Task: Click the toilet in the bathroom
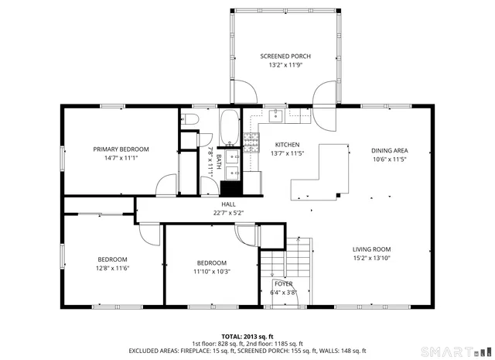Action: tap(191, 118)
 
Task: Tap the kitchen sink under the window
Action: tap(275, 115)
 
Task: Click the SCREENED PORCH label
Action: tap(285, 57)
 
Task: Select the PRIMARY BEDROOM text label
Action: tap(121, 149)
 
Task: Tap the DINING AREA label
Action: tap(389, 150)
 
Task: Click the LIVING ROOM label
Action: tap(371, 249)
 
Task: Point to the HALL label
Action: tap(228, 204)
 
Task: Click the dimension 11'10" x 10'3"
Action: tap(211, 271)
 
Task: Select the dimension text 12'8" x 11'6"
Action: tap(112, 268)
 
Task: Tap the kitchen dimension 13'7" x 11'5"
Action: tap(287, 153)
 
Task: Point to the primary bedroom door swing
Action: tap(164, 186)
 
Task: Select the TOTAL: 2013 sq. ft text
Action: tap(248, 337)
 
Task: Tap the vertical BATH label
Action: tap(219, 162)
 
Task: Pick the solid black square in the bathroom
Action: tap(231, 188)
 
